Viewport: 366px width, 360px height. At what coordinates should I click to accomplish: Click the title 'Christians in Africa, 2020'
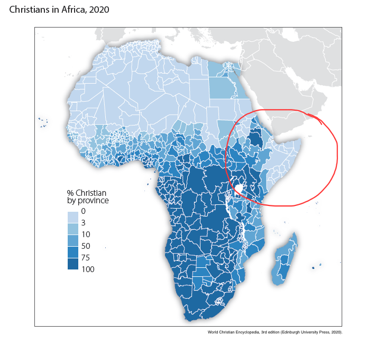click(x=59, y=10)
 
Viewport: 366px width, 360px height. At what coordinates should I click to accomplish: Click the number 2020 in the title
click(x=99, y=10)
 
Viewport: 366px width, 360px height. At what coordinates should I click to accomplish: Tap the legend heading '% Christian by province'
click(x=88, y=197)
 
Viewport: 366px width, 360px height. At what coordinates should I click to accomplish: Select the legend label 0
click(x=84, y=211)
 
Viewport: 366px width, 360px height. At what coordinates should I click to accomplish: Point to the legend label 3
click(x=84, y=223)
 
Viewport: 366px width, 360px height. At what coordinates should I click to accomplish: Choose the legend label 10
click(x=86, y=235)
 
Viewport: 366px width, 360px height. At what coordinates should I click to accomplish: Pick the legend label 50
click(x=86, y=246)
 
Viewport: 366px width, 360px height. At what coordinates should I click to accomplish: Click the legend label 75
click(x=86, y=257)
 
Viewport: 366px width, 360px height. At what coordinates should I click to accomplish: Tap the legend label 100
click(x=88, y=269)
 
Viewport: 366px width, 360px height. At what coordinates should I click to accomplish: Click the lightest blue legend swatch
click(x=73, y=217)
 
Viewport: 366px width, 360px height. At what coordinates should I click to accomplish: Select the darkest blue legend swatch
click(x=73, y=264)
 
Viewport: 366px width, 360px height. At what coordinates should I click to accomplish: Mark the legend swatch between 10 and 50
click(x=73, y=241)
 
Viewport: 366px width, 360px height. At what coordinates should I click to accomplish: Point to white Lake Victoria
click(x=239, y=188)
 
